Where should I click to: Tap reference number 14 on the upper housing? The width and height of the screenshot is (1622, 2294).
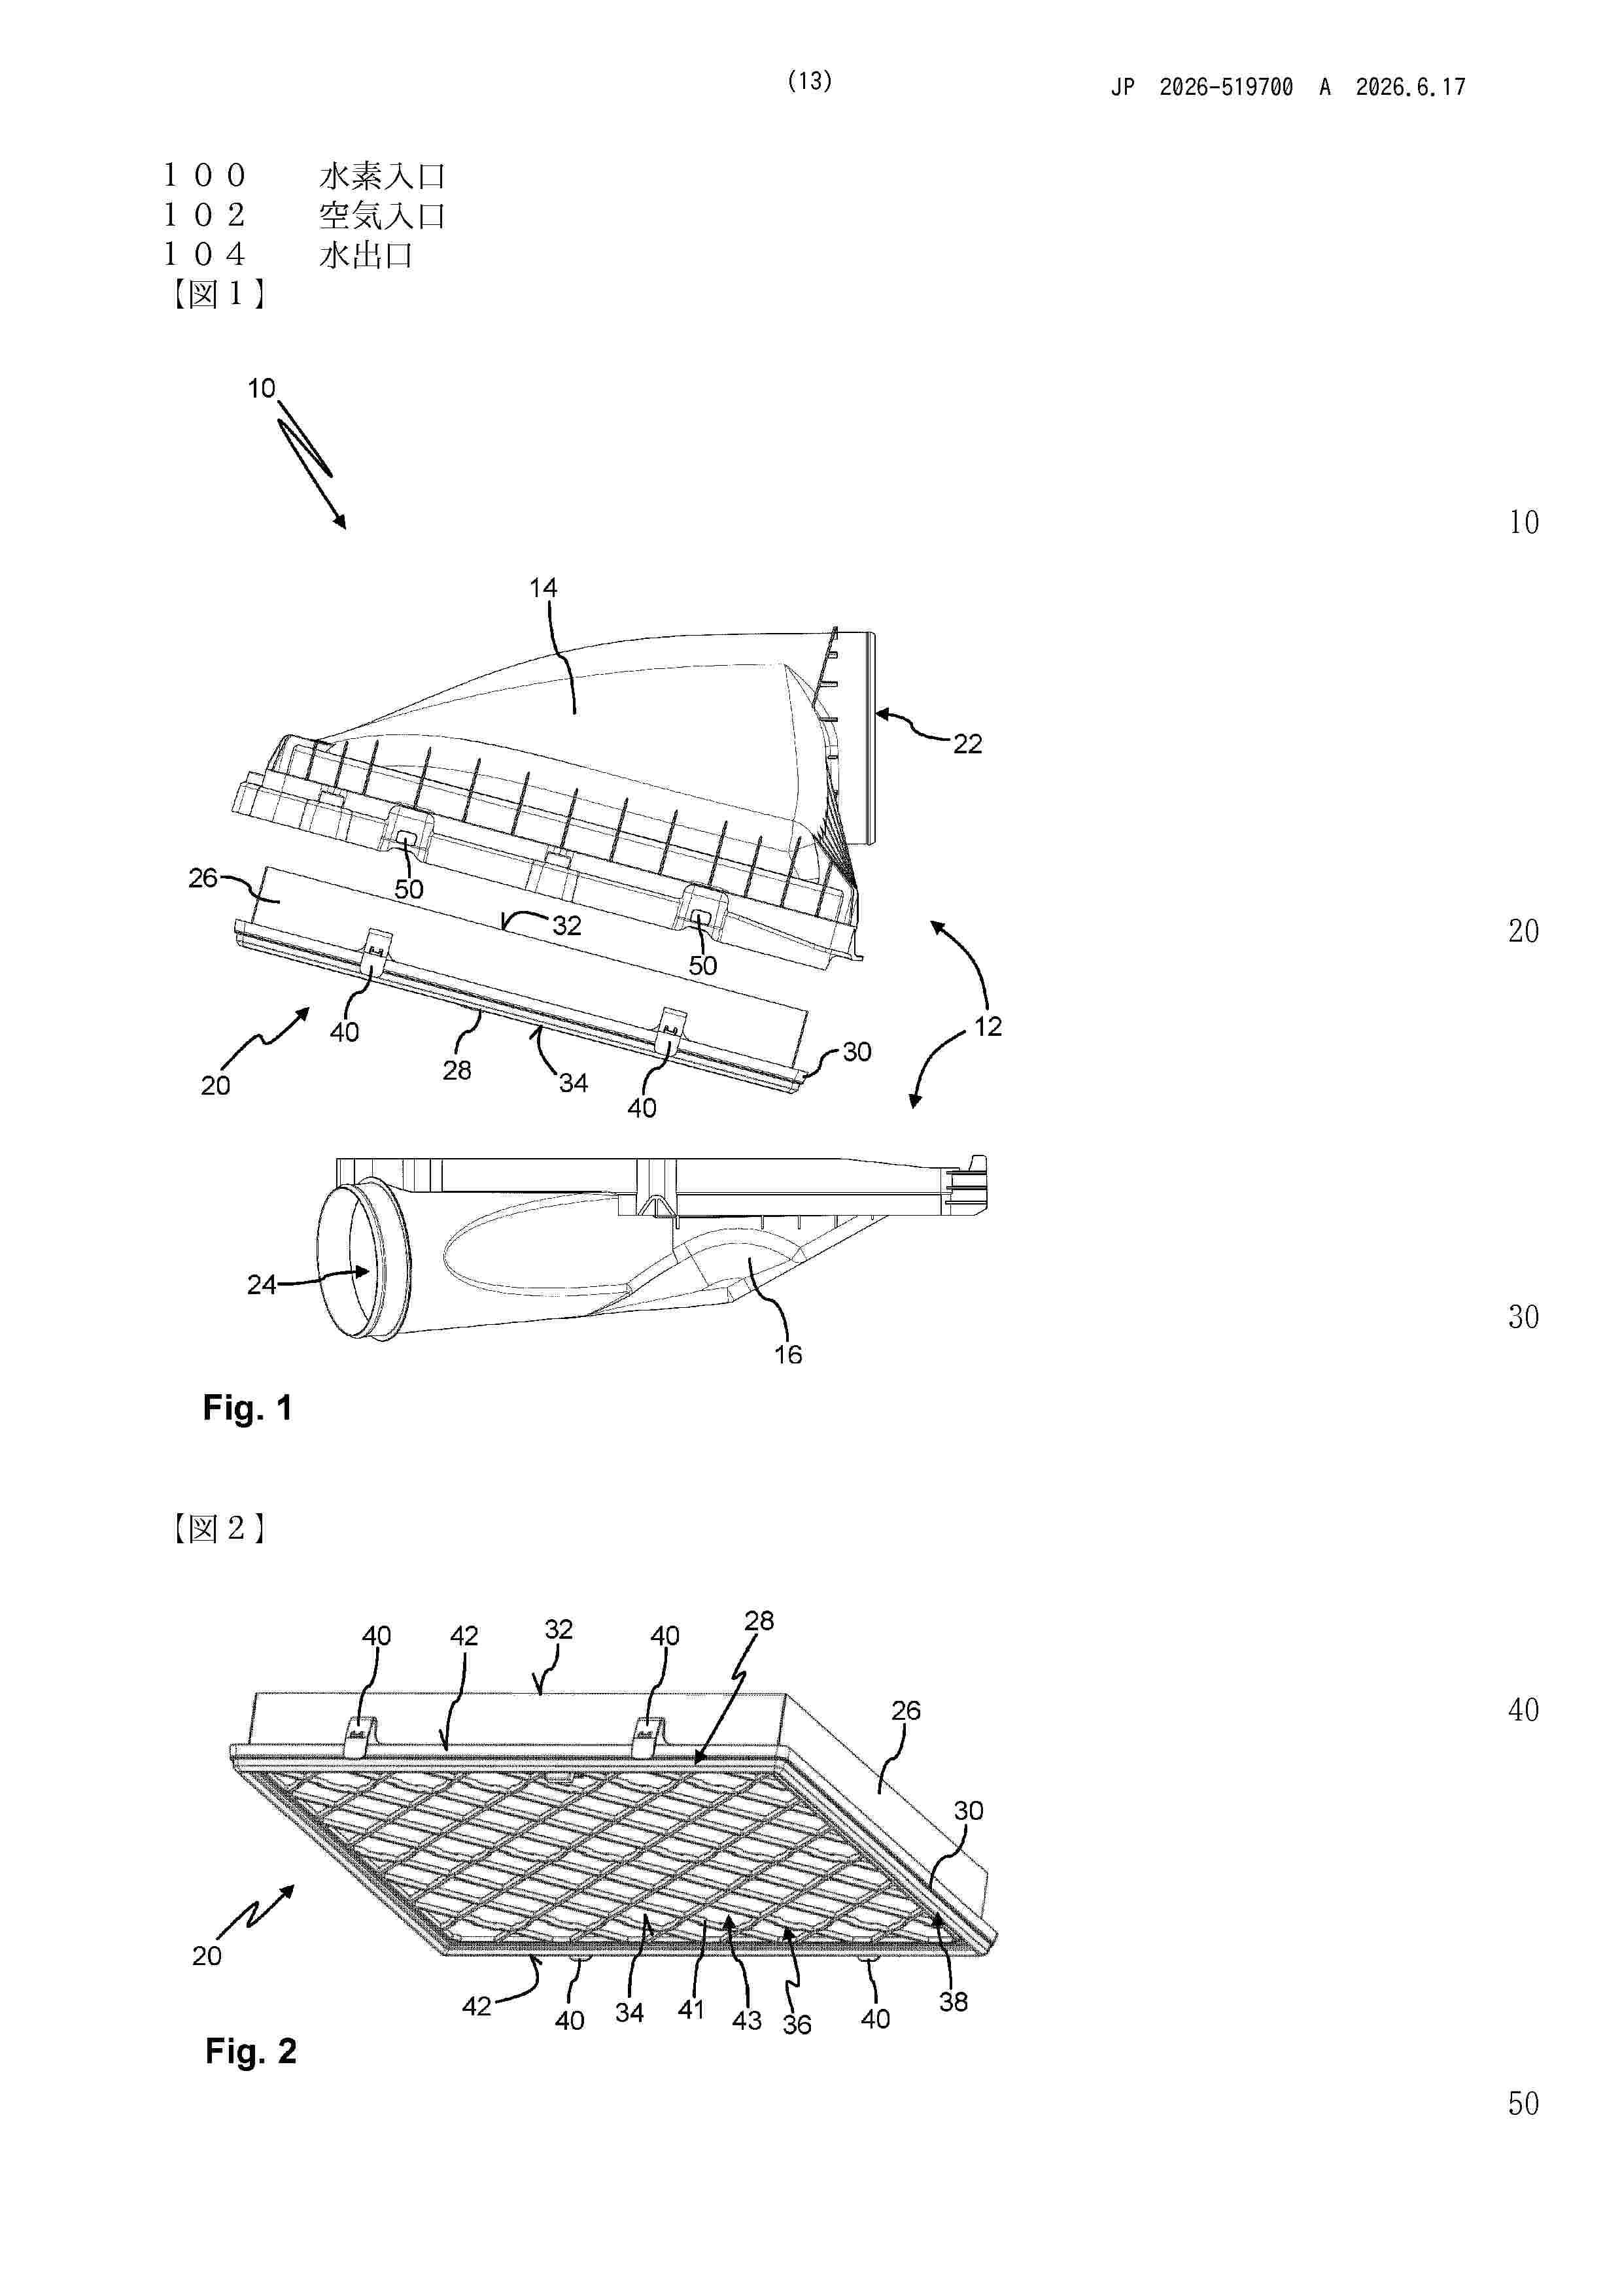coord(543,587)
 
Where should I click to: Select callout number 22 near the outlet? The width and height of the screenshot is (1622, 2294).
coord(967,744)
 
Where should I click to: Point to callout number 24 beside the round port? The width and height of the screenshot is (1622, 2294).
coord(262,1285)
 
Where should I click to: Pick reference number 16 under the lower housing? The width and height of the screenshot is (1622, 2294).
coord(789,1355)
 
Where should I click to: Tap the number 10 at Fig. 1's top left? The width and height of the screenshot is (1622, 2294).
coord(262,388)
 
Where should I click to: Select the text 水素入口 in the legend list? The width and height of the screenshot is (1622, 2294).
coord(383,176)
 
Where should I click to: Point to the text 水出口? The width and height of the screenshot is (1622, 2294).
coord(366,255)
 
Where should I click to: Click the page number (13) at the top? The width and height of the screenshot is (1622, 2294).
coord(810,81)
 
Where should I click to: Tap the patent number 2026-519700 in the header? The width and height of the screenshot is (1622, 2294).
coord(1226,87)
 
